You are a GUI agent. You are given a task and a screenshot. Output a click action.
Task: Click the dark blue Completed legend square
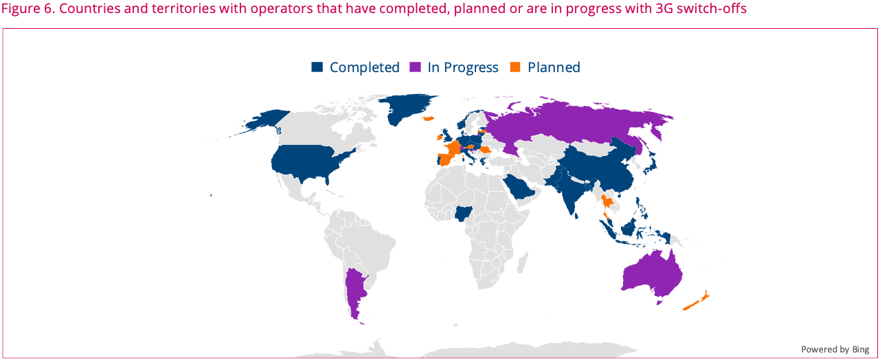click(x=317, y=67)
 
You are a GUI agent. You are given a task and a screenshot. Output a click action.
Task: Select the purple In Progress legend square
click(x=415, y=67)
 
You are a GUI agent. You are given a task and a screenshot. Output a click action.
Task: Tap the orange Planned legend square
click(x=515, y=67)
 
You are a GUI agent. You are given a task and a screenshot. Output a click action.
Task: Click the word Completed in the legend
click(x=365, y=67)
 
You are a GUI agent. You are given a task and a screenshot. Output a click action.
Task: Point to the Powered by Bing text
click(x=835, y=349)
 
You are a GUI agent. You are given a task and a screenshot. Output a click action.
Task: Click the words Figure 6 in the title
click(x=27, y=8)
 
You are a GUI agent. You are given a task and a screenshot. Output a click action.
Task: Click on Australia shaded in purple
click(x=652, y=275)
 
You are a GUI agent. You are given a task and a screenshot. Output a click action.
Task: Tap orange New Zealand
click(x=697, y=301)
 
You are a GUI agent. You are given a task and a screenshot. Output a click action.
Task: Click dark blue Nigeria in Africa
click(x=463, y=214)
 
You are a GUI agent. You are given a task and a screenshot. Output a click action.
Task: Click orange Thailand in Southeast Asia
click(x=608, y=203)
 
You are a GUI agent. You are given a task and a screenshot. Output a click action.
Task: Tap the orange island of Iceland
click(x=428, y=118)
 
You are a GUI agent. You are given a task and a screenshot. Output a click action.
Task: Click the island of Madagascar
click(x=522, y=263)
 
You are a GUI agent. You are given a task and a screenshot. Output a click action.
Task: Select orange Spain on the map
click(x=448, y=159)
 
